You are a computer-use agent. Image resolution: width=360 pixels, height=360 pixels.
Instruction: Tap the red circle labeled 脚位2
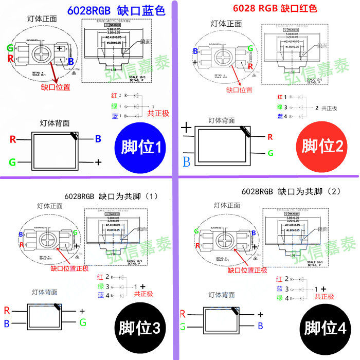click(x=322, y=147)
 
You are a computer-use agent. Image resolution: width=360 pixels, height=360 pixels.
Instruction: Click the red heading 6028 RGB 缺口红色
click(x=275, y=9)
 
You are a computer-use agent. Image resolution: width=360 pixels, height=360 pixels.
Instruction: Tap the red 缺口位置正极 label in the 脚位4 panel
click(x=247, y=270)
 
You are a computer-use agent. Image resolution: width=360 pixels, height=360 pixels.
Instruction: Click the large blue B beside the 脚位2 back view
click(x=186, y=163)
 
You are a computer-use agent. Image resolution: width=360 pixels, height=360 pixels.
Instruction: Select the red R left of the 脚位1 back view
click(x=12, y=139)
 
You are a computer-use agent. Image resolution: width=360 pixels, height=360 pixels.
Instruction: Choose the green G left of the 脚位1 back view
click(x=12, y=163)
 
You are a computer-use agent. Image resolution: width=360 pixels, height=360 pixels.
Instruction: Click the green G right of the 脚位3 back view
click(x=82, y=322)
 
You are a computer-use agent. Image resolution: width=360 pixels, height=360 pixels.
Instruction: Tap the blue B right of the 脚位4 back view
click(x=260, y=326)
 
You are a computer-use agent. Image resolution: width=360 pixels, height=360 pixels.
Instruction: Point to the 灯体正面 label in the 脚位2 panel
click(x=226, y=24)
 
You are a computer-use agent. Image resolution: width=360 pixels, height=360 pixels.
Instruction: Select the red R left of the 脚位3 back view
click(x=7, y=310)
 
